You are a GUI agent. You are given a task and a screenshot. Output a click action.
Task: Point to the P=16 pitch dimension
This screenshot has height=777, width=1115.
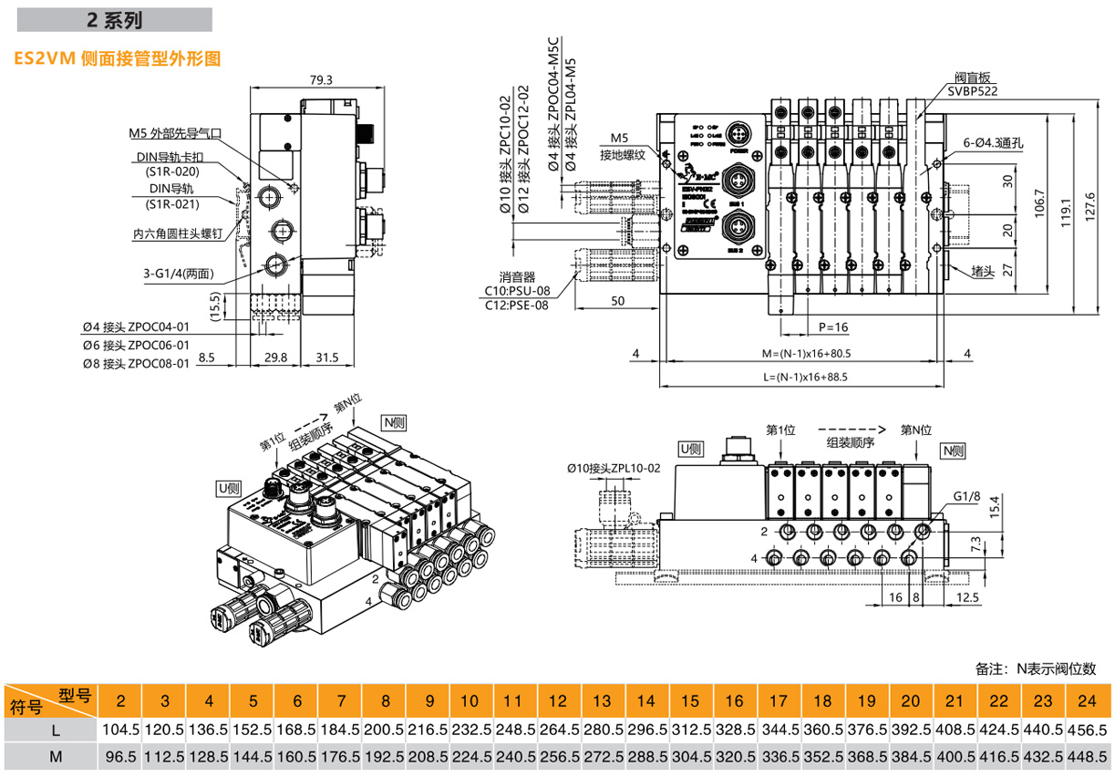point(832,326)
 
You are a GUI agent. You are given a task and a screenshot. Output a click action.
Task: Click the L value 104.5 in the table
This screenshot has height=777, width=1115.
point(120,730)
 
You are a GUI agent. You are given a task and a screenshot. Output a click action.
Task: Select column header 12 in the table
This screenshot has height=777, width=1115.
point(557,701)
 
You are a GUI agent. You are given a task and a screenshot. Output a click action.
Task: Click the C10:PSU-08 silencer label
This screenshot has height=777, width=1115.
point(517,291)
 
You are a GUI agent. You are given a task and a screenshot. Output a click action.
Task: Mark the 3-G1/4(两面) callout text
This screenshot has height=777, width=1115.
point(178,274)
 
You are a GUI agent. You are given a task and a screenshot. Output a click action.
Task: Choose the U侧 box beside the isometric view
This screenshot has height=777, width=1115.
point(227,487)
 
